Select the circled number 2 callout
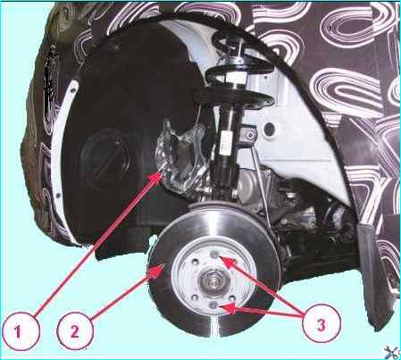(x=74, y=331)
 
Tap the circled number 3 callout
(x=321, y=324)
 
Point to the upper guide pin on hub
(x=214, y=254)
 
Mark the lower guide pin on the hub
(x=213, y=306)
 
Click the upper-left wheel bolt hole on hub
(x=195, y=263)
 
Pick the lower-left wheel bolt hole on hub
(x=195, y=297)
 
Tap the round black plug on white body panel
(x=270, y=129)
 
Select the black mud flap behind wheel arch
(x=372, y=274)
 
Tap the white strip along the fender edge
(x=60, y=149)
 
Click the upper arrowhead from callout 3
(x=229, y=262)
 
